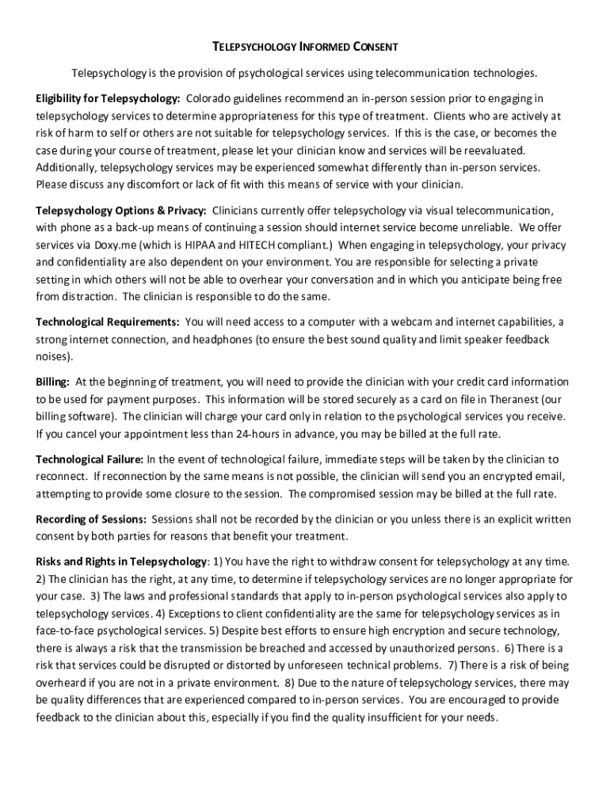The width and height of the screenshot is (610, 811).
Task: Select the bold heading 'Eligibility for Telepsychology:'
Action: [109, 98]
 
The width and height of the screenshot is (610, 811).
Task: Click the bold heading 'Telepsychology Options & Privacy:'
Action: [121, 211]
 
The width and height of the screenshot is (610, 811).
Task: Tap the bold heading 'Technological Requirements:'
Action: [108, 322]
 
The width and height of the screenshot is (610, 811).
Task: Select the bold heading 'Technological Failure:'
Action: [90, 459]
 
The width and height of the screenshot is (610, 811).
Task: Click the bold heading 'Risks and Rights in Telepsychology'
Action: [121, 562]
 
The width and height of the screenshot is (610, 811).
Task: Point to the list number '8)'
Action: [289, 682]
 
